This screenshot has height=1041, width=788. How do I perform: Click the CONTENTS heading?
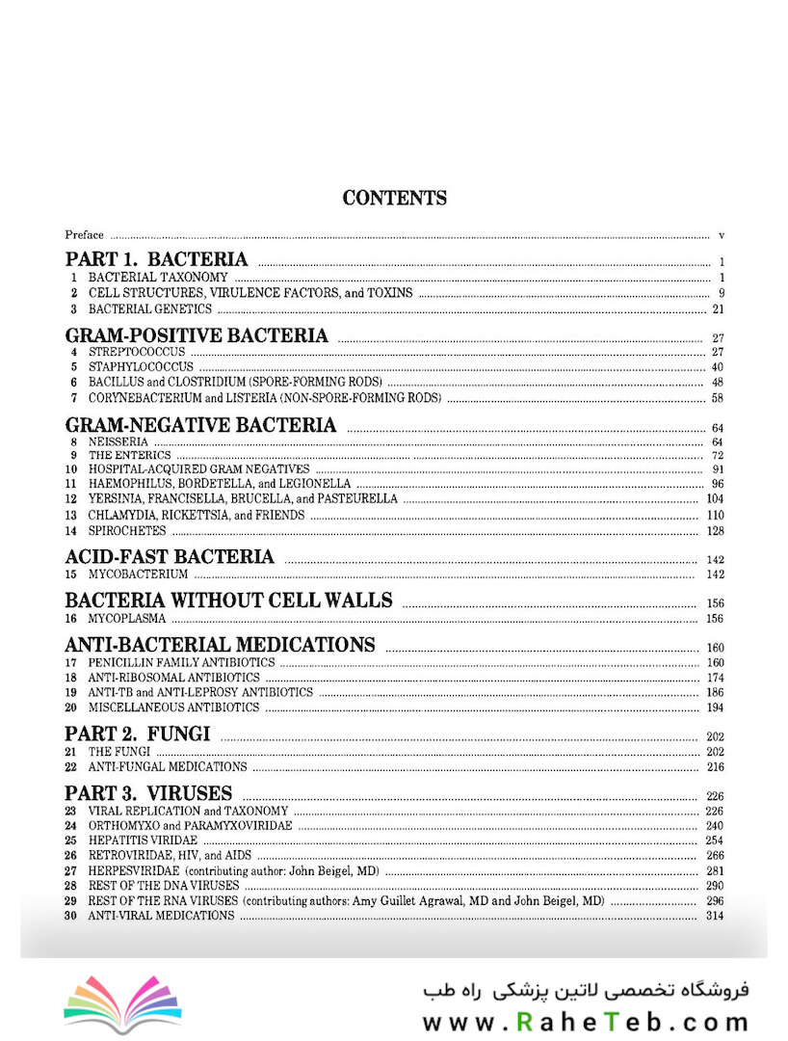click(x=394, y=199)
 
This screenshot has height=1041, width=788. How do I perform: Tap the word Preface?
click(x=85, y=235)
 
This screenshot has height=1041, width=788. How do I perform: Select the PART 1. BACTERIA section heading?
click(x=156, y=259)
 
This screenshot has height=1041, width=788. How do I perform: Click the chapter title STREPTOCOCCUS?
click(x=137, y=352)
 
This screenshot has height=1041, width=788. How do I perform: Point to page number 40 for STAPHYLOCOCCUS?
click(x=717, y=368)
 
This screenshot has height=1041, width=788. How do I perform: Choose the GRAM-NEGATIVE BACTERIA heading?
click(x=200, y=425)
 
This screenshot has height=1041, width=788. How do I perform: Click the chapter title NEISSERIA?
click(x=118, y=441)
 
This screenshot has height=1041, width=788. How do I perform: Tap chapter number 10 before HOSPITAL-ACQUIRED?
click(x=70, y=469)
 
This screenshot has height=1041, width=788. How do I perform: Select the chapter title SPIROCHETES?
click(x=127, y=531)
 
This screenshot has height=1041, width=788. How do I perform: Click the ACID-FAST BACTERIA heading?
click(x=170, y=557)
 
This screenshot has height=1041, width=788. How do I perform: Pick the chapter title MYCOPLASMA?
click(x=127, y=618)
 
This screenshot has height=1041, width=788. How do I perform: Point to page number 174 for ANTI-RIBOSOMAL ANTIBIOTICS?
click(x=714, y=679)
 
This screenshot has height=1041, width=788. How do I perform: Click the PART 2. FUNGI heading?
click(x=138, y=734)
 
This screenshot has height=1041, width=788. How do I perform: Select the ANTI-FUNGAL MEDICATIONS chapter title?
click(x=168, y=767)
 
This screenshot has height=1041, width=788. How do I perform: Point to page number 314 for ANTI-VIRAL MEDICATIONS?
click(x=714, y=916)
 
